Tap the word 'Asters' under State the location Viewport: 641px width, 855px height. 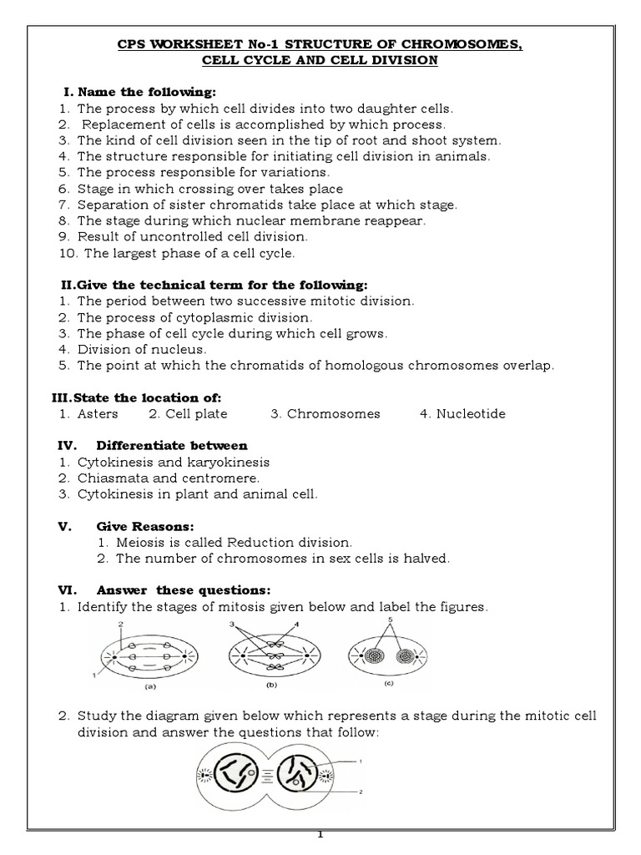(x=98, y=413)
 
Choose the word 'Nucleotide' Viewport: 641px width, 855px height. (x=471, y=413)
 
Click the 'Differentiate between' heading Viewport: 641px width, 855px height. (x=172, y=445)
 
